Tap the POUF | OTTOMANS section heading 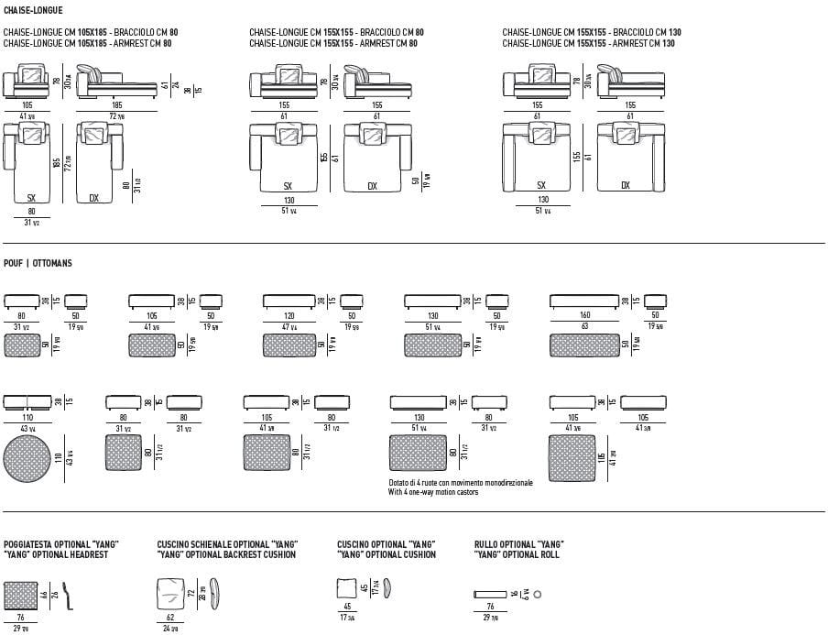tap(38, 263)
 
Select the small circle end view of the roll tap(538, 595)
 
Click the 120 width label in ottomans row tap(289, 315)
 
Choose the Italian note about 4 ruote tap(460, 483)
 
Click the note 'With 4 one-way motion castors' tap(433, 492)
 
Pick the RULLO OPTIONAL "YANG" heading tap(518, 544)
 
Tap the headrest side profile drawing tap(66, 595)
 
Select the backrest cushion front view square tap(171, 594)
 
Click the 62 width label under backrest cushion tap(171, 618)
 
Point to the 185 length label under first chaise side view tap(116, 105)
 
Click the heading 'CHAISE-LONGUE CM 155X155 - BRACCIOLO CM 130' tap(591, 33)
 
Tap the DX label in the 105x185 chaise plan tap(94, 197)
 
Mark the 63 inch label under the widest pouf tap(583, 325)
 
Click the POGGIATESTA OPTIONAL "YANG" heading tap(60, 544)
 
